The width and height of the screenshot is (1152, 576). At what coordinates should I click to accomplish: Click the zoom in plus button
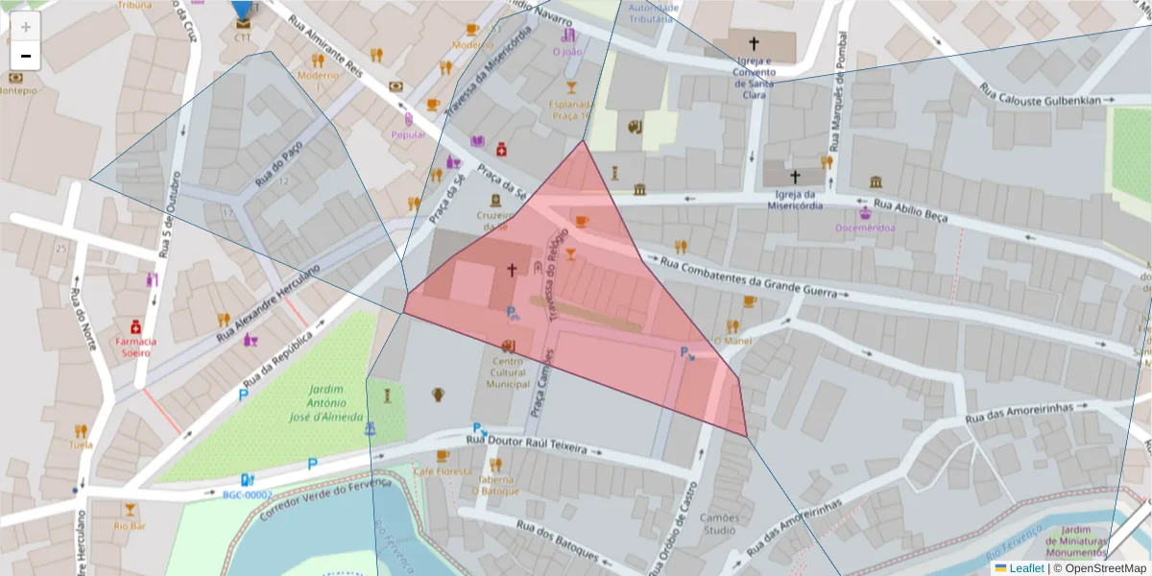pyautogui.click(x=26, y=27)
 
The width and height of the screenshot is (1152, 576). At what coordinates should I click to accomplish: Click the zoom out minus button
pyautogui.click(x=26, y=56)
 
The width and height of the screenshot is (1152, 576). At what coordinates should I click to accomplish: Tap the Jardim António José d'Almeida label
pyautogui.click(x=326, y=404)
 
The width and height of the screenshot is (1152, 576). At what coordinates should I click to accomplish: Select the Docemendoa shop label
pyautogui.click(x=865, y=228)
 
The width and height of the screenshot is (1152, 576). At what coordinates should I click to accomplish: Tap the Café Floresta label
pyautogui.click(x=443, y=471)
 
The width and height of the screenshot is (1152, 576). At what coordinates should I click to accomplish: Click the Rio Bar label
pyautogui.click(x=130, y=525)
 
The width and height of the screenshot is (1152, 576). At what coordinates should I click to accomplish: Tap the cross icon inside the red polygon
pyautogui.click(x=512, y=271)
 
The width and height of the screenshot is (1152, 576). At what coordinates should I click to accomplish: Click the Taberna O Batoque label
pyautogui.click(x=495, y=485)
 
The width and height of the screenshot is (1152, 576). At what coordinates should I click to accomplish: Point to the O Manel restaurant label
pyautogui.click(x=732, y=341)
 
